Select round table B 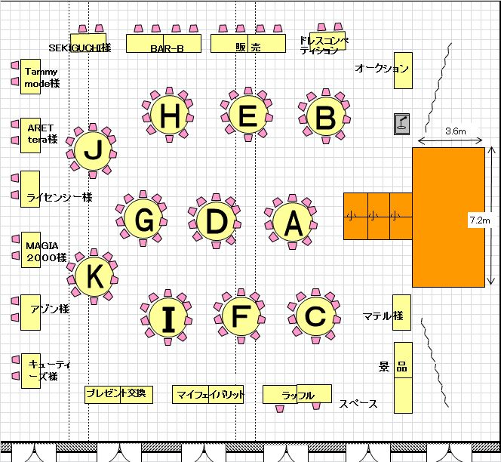[x=325, y=119]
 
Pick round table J [x=93, y=151]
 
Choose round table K [x=94, y=277]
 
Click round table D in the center [x=215, y=221]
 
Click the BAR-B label [x=165, y=48]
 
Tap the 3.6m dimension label [x=456, y=131]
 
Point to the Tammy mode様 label [x=41, y=78]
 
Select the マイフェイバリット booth [x=210, y=394]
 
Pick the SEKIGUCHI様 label [x=79, y=48]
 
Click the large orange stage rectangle [x=448, y=217]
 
